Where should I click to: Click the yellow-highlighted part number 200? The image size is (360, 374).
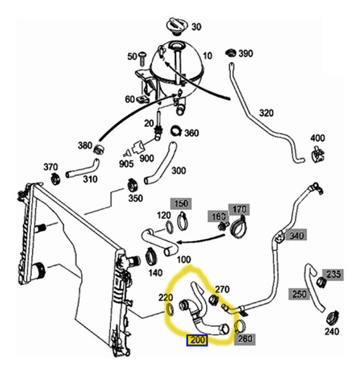pyautogui.click(x=197, y=340)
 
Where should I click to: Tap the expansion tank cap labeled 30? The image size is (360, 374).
pyautogui.click(x=177, y=26)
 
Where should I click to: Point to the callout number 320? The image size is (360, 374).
pyautogui.click(x=266, y=113)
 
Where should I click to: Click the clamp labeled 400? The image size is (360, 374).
pyautogui.click(x=318, y=154)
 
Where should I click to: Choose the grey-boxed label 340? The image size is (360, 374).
pyautogui.click(x=297, y=236)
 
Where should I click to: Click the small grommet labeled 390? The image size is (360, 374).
pyautogui.click(x=231, y=53)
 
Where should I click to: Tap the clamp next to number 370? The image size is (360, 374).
pyautogui.click(x=56, y=179)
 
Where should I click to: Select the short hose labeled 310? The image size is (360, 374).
pyautogui.click(x=83, y=169)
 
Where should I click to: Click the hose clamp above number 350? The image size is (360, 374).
pyautogui.click(x=132, y=186)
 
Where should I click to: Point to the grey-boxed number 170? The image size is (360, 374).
pyautogui.click(x=239, y=210)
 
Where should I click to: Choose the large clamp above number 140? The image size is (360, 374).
pyautogui.click(x=151, y=256)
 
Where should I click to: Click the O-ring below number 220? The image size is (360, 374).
pyautogui.click(x=169, y=309)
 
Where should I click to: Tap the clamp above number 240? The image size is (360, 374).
pyautogui.click(x=333, y=318)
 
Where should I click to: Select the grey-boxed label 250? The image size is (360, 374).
pyautogui.click(x=299, y=294)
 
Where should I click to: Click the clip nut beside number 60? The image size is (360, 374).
pyautogui.click(x=143, y=99)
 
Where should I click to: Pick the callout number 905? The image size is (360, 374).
pyautogui.click(x=126, y=164)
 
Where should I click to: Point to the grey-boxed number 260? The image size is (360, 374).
pyautogui.click(x=245, y=339)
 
